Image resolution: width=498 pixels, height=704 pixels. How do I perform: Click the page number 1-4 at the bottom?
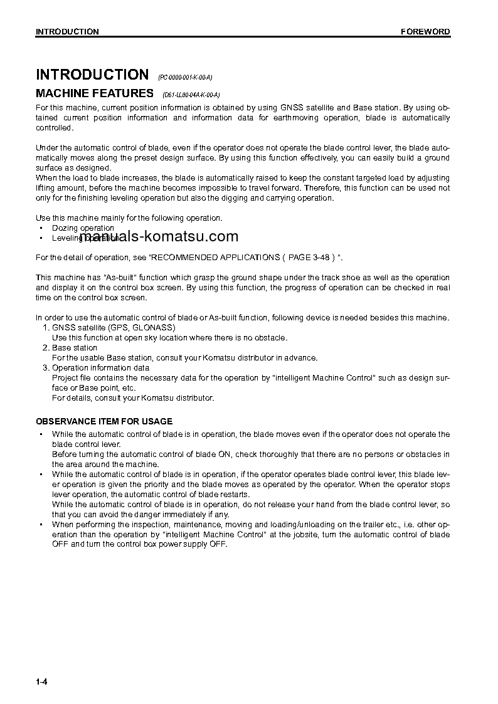point(41,682)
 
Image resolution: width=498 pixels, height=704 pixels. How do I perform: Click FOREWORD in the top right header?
point(425,32)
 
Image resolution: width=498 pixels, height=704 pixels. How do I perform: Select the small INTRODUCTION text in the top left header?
point(67,32)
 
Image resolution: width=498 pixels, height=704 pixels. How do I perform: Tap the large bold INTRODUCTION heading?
point(92,75)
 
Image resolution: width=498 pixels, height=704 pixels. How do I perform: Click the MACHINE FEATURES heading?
point(95,93)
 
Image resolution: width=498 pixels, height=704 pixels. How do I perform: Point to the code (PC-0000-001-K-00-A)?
point(185,77)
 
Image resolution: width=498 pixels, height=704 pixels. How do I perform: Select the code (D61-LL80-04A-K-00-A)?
point(191,95)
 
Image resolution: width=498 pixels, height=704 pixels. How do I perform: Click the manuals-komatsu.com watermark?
point(159,236)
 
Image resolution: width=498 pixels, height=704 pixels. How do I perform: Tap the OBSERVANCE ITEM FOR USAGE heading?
point(104,421)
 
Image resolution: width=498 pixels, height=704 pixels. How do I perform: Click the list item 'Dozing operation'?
point(83,228)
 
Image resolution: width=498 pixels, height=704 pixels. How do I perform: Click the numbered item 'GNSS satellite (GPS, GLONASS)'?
point(114,328)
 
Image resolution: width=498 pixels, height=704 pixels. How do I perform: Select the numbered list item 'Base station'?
point(75,348)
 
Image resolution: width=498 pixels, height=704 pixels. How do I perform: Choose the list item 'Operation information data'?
point(100,368)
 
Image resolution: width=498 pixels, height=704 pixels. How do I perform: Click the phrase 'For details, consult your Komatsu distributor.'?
point(133,398)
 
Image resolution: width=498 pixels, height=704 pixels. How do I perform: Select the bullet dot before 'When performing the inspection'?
point(41,525)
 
